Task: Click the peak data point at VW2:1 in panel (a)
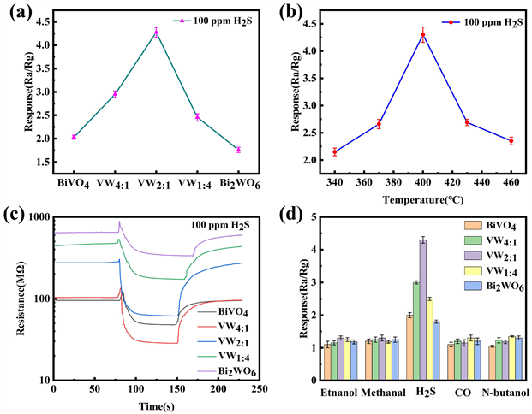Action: pyautogui.click(x=156, y=32)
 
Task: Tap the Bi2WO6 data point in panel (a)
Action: pyautogui.click(x=238, y=150)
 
